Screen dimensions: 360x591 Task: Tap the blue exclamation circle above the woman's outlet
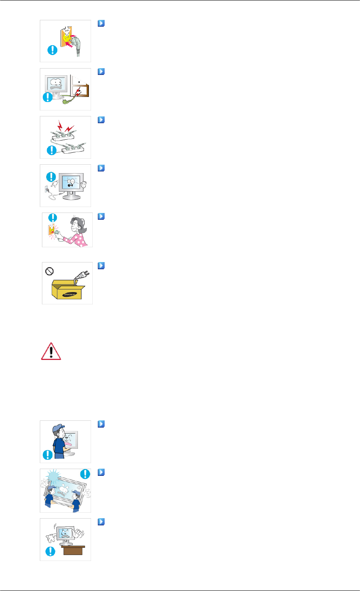[x=53, y=217]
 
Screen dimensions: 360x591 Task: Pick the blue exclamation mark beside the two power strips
[x=51, y=149]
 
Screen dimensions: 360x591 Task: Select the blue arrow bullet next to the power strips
[x=101, y=120]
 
